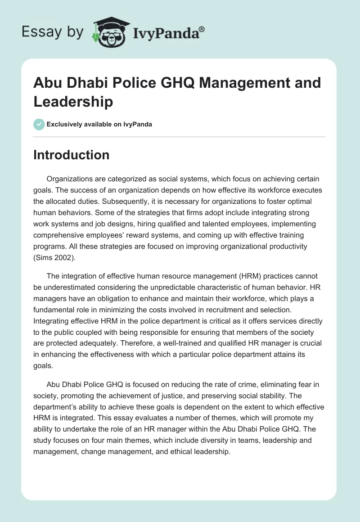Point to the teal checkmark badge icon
coord(39,124)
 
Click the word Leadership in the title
coord(73,101)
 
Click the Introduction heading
coord(72,155)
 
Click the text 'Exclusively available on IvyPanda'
coord(99,124)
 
